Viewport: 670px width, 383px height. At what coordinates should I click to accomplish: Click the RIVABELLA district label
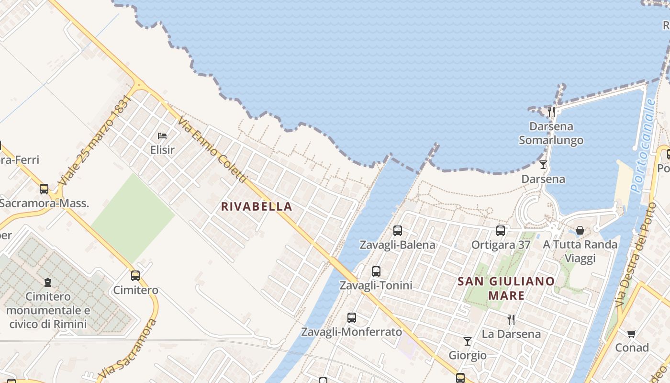256,206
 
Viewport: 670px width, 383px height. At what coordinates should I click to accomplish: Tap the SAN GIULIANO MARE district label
506,288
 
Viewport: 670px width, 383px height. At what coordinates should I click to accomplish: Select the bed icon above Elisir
162,136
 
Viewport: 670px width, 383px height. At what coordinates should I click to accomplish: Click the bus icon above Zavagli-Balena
397,231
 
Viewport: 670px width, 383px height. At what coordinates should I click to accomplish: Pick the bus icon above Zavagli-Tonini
376,271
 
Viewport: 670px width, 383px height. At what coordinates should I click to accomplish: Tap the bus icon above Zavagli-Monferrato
352,317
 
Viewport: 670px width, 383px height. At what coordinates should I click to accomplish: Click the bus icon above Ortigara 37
501,231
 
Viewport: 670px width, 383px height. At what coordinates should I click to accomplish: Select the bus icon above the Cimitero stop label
135,276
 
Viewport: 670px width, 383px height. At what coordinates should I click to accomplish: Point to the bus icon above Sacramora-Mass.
44,189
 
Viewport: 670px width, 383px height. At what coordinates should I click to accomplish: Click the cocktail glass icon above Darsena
543,165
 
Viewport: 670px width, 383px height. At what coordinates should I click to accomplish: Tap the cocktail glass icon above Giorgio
468,341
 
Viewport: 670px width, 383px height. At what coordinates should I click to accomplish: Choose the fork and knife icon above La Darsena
511,319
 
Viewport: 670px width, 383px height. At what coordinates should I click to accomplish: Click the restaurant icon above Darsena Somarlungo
551,112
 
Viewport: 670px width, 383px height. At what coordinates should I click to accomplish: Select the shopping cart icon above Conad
632,334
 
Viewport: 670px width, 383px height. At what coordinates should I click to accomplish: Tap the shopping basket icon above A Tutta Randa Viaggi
580,231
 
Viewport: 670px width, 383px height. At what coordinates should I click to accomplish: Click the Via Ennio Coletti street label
212,151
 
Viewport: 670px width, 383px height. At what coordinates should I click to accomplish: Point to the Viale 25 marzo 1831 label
94,141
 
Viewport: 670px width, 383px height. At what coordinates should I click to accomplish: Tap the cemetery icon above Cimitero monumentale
48,282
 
